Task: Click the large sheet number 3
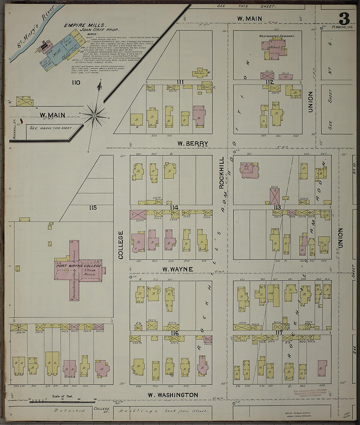click(x=344, y=18)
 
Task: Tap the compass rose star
click(x=94, y=115)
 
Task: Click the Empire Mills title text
click(x=85, y=25)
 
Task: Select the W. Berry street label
click(x=192, y=143)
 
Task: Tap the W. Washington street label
click(x=173, y=395)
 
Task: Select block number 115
click(x=93, y=207)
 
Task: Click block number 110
click(x=76, y=82)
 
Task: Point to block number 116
click(x=174, y=333)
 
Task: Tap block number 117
click(x=279, y=333)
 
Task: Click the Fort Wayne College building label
click(x=79, y=266)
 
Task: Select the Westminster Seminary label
click(x=277, y=36)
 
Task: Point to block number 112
click(x=269, y=82)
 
